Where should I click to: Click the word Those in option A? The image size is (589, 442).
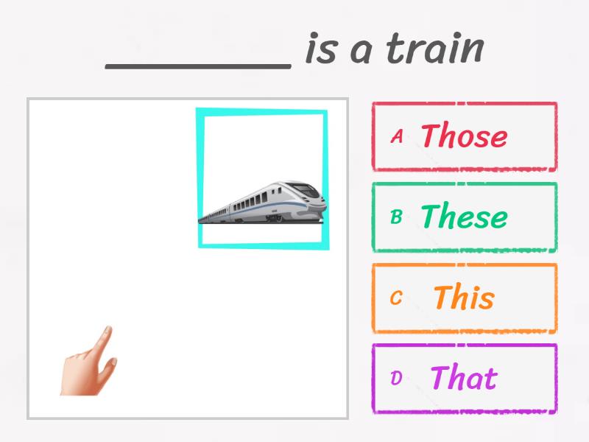click(x=464, y=136)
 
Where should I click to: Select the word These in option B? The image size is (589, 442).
click(x=464, y=217)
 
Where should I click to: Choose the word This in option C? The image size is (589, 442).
click(x=463, y=298)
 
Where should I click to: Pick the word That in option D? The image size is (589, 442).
click(x=464, y=378)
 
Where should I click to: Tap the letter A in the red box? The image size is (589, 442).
click(x=397, y=136)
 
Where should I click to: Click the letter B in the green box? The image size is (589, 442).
click(x=396, y=217)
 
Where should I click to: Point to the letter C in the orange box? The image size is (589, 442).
click(x=396, y=298)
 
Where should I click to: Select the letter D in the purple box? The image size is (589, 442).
click(x=396, y=379)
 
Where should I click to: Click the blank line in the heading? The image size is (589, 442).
click(x=198, y=65)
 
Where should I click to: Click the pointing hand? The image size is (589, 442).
click(x=87, y=365)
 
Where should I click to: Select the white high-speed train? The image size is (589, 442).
click(x=265, y=202)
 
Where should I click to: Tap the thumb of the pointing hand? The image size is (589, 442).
click(x=110, y=363)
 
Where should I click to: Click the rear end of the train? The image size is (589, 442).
click(x=202, y=218)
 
